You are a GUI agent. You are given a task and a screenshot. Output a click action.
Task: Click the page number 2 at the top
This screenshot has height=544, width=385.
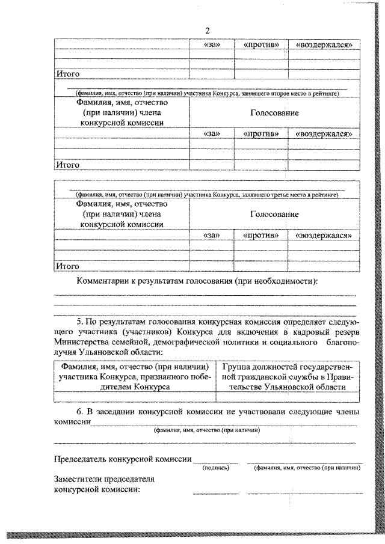click(208, 31)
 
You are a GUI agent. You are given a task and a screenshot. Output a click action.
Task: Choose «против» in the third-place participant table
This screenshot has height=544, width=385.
click(260, 236)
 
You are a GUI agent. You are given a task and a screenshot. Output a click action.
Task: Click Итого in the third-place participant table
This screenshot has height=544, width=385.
click(67, 266)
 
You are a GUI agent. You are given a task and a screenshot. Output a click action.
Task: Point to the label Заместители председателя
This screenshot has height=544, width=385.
click(104, 479)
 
